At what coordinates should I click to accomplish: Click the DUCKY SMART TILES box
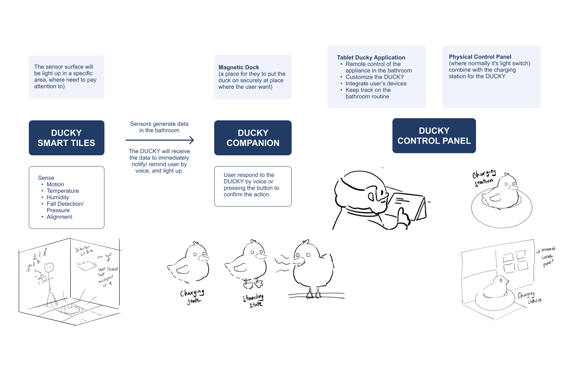click(x=67, y=138)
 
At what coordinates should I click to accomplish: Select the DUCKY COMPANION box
click(x=253, y=138)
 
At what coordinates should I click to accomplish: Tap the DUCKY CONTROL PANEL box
click(x=434, y=135)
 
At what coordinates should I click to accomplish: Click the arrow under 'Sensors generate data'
click(x=160, y=140)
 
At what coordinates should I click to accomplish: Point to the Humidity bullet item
click(x=58, y=197)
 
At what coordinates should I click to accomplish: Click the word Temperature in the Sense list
click(x=63, y=191)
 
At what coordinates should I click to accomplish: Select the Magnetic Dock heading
click(x=239, y=67)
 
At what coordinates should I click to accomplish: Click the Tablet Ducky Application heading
click(x=371, y=58)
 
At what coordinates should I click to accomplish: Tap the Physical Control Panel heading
click(x=480, y=57)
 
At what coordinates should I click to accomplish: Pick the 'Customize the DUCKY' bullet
click(x=374, y=77)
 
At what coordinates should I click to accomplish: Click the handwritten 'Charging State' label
click(x=192, y=297)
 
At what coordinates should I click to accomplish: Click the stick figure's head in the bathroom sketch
click(x=49, y=267)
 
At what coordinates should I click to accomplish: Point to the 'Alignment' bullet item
click(x=59, y=217)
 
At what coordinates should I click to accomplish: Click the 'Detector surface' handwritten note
click(x=84, y=250)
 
